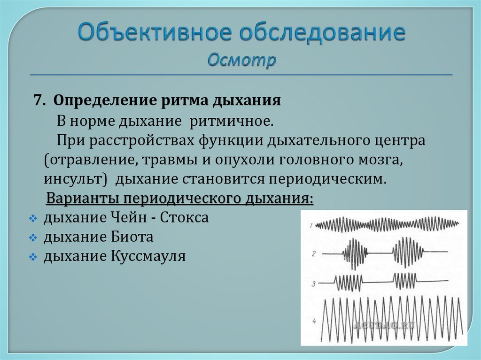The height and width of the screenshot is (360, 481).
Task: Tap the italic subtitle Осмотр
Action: (x=241, y=60)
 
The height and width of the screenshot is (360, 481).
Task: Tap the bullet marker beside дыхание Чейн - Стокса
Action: (x=32, y=219)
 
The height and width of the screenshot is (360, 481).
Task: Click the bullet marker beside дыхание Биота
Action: (x=32, y=238)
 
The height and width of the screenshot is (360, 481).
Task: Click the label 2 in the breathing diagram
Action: (x=313, y=254)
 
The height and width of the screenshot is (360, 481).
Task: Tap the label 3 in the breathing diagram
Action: (x=313, y=283)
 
